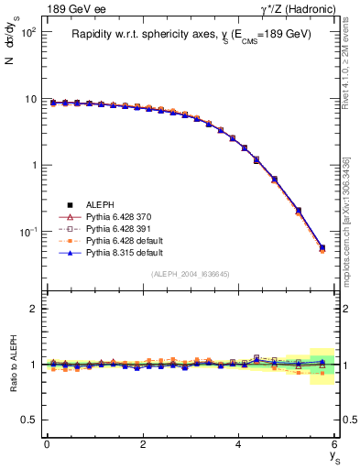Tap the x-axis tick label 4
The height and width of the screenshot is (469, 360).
pos(238,444)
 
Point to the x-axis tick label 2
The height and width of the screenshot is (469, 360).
pos(143,444)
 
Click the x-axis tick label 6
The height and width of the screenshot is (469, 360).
pos(334,444)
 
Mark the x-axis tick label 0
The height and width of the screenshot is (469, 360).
pos(47,444)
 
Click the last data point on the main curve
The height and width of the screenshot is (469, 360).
pos(322,247)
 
